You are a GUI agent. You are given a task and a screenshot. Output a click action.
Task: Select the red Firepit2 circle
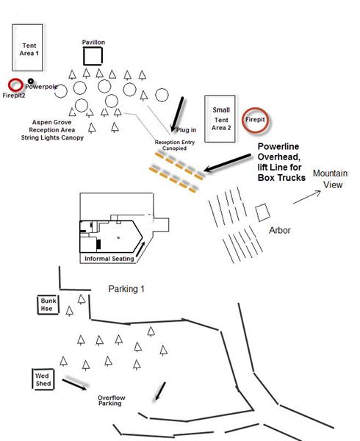pos(10,85)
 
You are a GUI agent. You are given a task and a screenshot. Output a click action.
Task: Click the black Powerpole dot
pos(31,82)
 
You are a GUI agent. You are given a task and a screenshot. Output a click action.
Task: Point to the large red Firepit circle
pos(243,120)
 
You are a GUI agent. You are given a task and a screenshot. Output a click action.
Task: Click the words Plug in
pos(187,130)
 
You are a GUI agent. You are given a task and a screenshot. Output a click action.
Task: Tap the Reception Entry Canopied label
pos(175,145)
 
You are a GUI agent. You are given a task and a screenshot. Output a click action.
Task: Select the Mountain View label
pos(330,179)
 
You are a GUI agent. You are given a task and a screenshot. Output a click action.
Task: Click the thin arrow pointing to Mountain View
pos(307,197)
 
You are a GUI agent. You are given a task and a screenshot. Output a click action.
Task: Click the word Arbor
pos(280,230)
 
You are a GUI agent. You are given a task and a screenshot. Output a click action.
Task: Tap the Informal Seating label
pos(109,259)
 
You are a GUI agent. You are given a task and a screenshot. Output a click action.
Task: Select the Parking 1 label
pos(126,289)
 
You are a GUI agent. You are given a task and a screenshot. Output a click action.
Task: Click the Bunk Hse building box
pos(38,305)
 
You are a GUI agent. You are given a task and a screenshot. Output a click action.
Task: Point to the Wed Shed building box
pos(33,379)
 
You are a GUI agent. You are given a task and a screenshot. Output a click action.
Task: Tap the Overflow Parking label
pos(111,401)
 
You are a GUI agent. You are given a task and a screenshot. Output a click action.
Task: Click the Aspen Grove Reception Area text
pos(52,126)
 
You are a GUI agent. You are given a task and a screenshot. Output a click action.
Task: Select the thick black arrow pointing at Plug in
pos(177,114)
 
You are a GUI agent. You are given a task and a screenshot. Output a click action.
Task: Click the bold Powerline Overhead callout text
pos(281,162)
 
